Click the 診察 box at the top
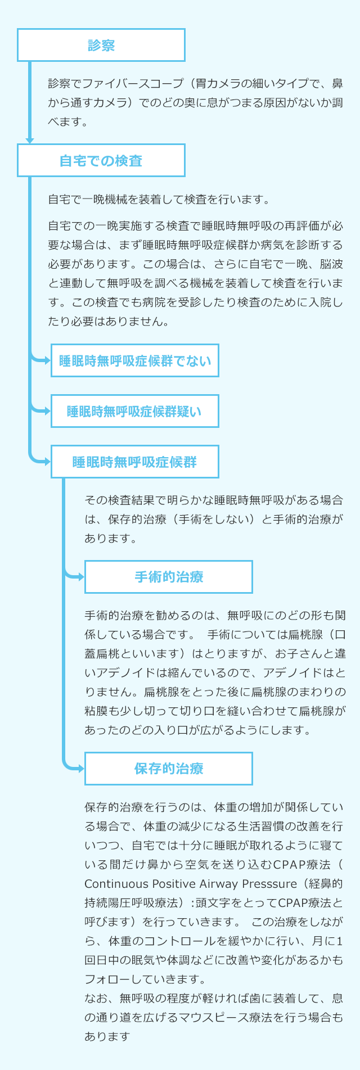(101, 45)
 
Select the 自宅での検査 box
(101, 160)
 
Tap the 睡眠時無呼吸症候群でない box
(135, 360)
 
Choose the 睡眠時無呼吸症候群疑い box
(135, 411)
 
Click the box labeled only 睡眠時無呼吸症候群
(135, 462)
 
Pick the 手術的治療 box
(169, 576)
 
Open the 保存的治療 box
(169, 768)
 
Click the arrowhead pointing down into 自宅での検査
(30, 140)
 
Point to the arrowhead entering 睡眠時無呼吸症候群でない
(47, 360)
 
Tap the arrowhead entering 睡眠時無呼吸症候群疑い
(47, 411)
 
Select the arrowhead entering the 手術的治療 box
(81, 576)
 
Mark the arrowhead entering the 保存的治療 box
(81, 768)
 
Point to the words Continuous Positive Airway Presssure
(190, 883)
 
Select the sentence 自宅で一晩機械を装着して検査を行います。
(159, 199)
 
